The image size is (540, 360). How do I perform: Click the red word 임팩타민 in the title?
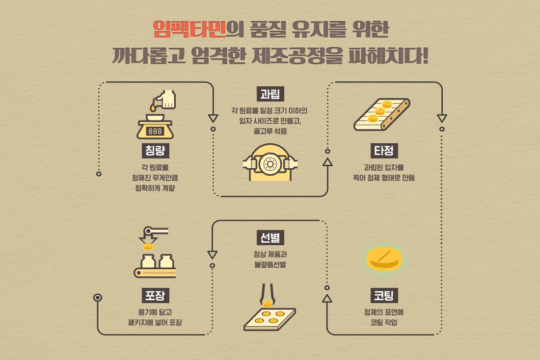point(189,29)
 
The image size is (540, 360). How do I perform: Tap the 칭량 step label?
point(155,151)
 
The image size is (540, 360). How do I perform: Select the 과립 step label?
point(270,94)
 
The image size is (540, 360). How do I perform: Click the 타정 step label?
point(384,151)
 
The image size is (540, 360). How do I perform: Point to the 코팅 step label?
point(384,295)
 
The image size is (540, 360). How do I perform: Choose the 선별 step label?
point(270,237)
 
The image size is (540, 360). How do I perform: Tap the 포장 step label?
point(155,295)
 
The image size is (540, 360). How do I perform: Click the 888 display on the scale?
point(155,131)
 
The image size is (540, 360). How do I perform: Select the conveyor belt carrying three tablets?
point(382,114)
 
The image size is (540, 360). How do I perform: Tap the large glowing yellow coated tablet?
point(384,258)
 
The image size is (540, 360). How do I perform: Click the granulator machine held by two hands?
point(270,162)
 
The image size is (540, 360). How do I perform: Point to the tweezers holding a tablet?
point(267,295)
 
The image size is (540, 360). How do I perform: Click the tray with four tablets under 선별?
point(270,319)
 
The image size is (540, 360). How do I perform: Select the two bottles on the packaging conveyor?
point(158,261)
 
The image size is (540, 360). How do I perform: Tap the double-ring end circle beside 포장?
point(98,297)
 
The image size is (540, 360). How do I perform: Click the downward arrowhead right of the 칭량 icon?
point(213,118)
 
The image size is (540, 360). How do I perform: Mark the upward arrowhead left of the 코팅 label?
point(327,298)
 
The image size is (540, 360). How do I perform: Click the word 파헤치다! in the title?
point(388,56)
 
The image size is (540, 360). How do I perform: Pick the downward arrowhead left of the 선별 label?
point(213,255)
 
